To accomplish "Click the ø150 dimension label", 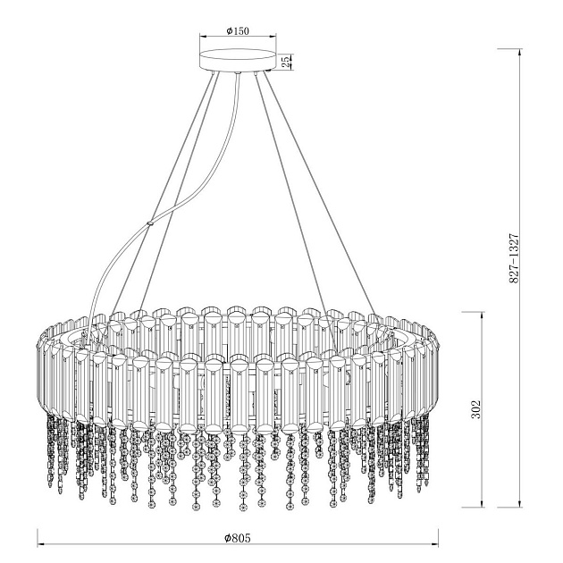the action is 238,31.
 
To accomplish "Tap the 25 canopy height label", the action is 285,62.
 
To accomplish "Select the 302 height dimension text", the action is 475,409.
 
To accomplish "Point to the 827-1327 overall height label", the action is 514,258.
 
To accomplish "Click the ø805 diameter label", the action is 237,538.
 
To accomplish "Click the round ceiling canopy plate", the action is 238,60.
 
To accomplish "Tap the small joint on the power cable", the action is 149,224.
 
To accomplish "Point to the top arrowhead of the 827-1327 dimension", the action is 519,53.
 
